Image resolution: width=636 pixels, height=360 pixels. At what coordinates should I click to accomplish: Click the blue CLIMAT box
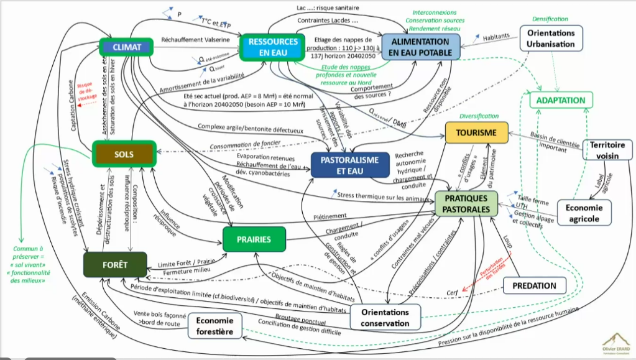point(127,47)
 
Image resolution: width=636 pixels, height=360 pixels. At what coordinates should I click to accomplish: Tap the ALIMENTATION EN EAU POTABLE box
point(421,47)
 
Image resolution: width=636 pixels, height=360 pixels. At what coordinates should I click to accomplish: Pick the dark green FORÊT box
point(116,265)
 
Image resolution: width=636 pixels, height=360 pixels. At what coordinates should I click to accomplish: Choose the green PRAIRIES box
point(255,239)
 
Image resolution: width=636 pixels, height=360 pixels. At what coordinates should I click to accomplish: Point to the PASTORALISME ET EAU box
point(349,165)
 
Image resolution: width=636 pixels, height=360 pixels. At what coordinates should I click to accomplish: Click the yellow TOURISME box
point(476,133)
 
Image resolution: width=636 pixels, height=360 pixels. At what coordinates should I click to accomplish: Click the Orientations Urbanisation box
point(551,39)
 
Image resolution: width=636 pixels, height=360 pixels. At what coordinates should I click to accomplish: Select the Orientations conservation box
point(385,317)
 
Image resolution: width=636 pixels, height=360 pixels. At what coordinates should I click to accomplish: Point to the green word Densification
point(550,19)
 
